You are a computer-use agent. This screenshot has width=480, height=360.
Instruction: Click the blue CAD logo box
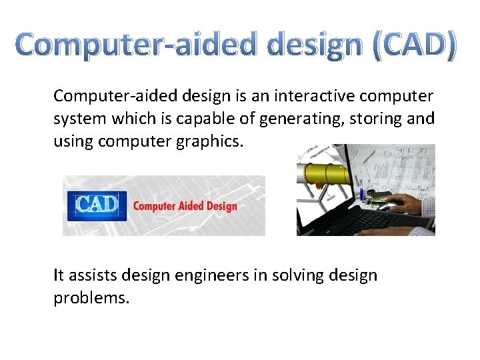[97, 204]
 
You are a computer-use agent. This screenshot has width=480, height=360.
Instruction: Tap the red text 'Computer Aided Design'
[185, 205]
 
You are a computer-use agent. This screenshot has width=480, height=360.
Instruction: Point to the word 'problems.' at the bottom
[91, 297]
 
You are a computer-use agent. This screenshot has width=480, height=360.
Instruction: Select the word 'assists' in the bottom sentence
[95, 275]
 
